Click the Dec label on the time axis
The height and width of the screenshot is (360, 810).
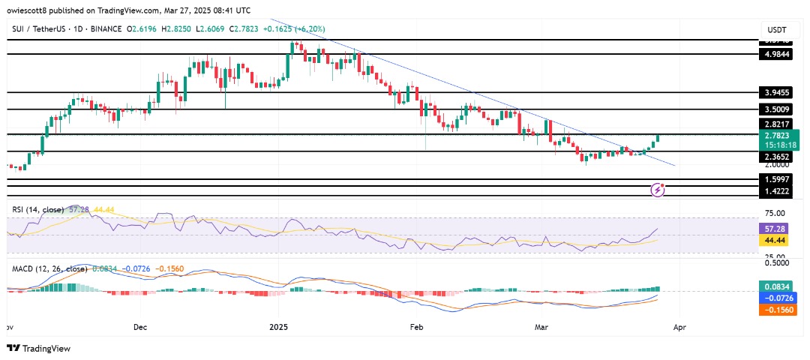(140, 328)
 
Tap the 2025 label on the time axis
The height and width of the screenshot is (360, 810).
(278, 328)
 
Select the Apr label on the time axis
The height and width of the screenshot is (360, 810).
(677, 328)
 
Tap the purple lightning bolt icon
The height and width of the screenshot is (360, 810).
(658, 190)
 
